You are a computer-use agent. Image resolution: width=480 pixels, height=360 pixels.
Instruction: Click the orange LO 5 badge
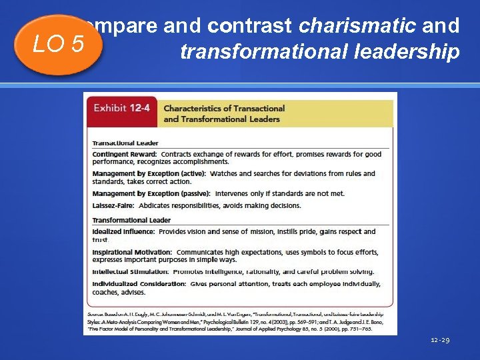59,45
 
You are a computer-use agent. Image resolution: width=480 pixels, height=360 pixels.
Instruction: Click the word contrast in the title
249,26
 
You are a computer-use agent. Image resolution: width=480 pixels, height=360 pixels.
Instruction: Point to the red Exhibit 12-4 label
121,109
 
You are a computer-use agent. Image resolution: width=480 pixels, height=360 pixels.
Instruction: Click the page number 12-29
439,341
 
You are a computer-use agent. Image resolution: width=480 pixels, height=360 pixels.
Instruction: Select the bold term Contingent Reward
125,154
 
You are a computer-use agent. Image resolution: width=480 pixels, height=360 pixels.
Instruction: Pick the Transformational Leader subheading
131,220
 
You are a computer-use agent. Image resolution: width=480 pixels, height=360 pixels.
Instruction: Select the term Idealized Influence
123,232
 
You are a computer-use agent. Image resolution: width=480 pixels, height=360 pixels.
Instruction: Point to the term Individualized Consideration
139,284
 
